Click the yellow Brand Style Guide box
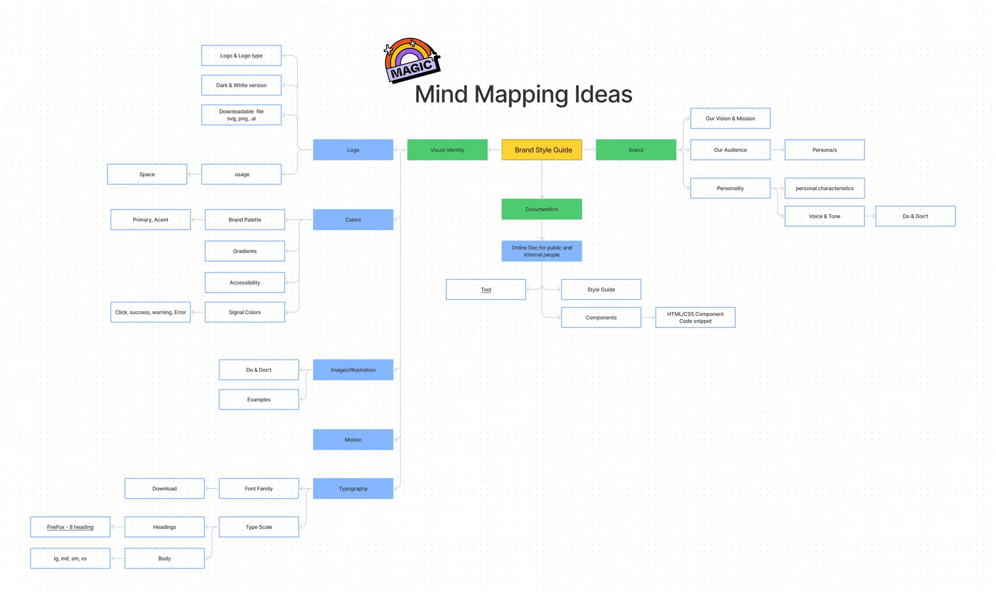coord(542,150)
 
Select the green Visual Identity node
coord(447,150)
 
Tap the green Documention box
coord(542,209)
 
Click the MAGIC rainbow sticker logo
coord(412,60)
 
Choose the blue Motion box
coord(353,440)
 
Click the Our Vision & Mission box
coord(730,118)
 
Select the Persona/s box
coord(825,150)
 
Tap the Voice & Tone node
coord(825,216)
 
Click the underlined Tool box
coord(486,289)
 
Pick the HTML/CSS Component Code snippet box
coord(695,318)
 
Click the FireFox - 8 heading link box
coord(70,527)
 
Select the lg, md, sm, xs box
coord(70,558)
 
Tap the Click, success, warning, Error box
coord(150,312)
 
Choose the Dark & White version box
coord(242,85)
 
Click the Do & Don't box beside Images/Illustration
coord(259,370)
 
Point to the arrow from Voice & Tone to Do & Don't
coord(870,216)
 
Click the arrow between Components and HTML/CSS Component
coord(648,318)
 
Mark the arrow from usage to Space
coord(194,174)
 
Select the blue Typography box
coord(353,488)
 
